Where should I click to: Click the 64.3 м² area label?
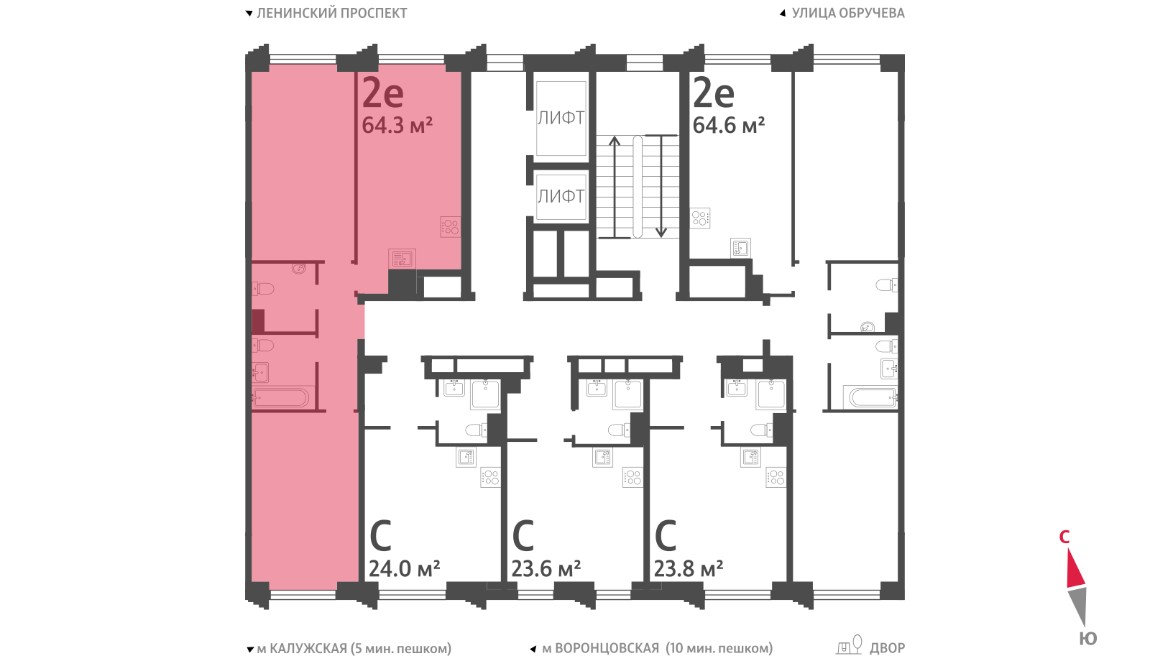tap(397, 125)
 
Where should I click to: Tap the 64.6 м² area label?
tap(729, 125)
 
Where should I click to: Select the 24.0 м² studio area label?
tap(405, 568)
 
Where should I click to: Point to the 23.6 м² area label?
tap(546, 568)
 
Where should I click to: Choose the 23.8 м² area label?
tap(689, 568)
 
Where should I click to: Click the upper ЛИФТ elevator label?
tap(561, 118)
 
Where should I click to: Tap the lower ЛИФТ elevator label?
tap(561, 196)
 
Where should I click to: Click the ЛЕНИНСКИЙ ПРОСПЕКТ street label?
tap(331, 13)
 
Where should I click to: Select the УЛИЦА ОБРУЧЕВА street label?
tap(848, 13)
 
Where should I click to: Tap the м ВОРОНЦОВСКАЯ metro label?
tap(601, 648)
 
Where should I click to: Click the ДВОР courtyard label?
tap(887, 648)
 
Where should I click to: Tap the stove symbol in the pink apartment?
tap(450, 226)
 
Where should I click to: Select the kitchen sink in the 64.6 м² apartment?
tap(740, 249)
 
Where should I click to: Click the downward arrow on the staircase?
tap(661, 186)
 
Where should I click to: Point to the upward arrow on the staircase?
tap(614, 187)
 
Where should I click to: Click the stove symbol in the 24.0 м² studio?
tap(490, 477)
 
